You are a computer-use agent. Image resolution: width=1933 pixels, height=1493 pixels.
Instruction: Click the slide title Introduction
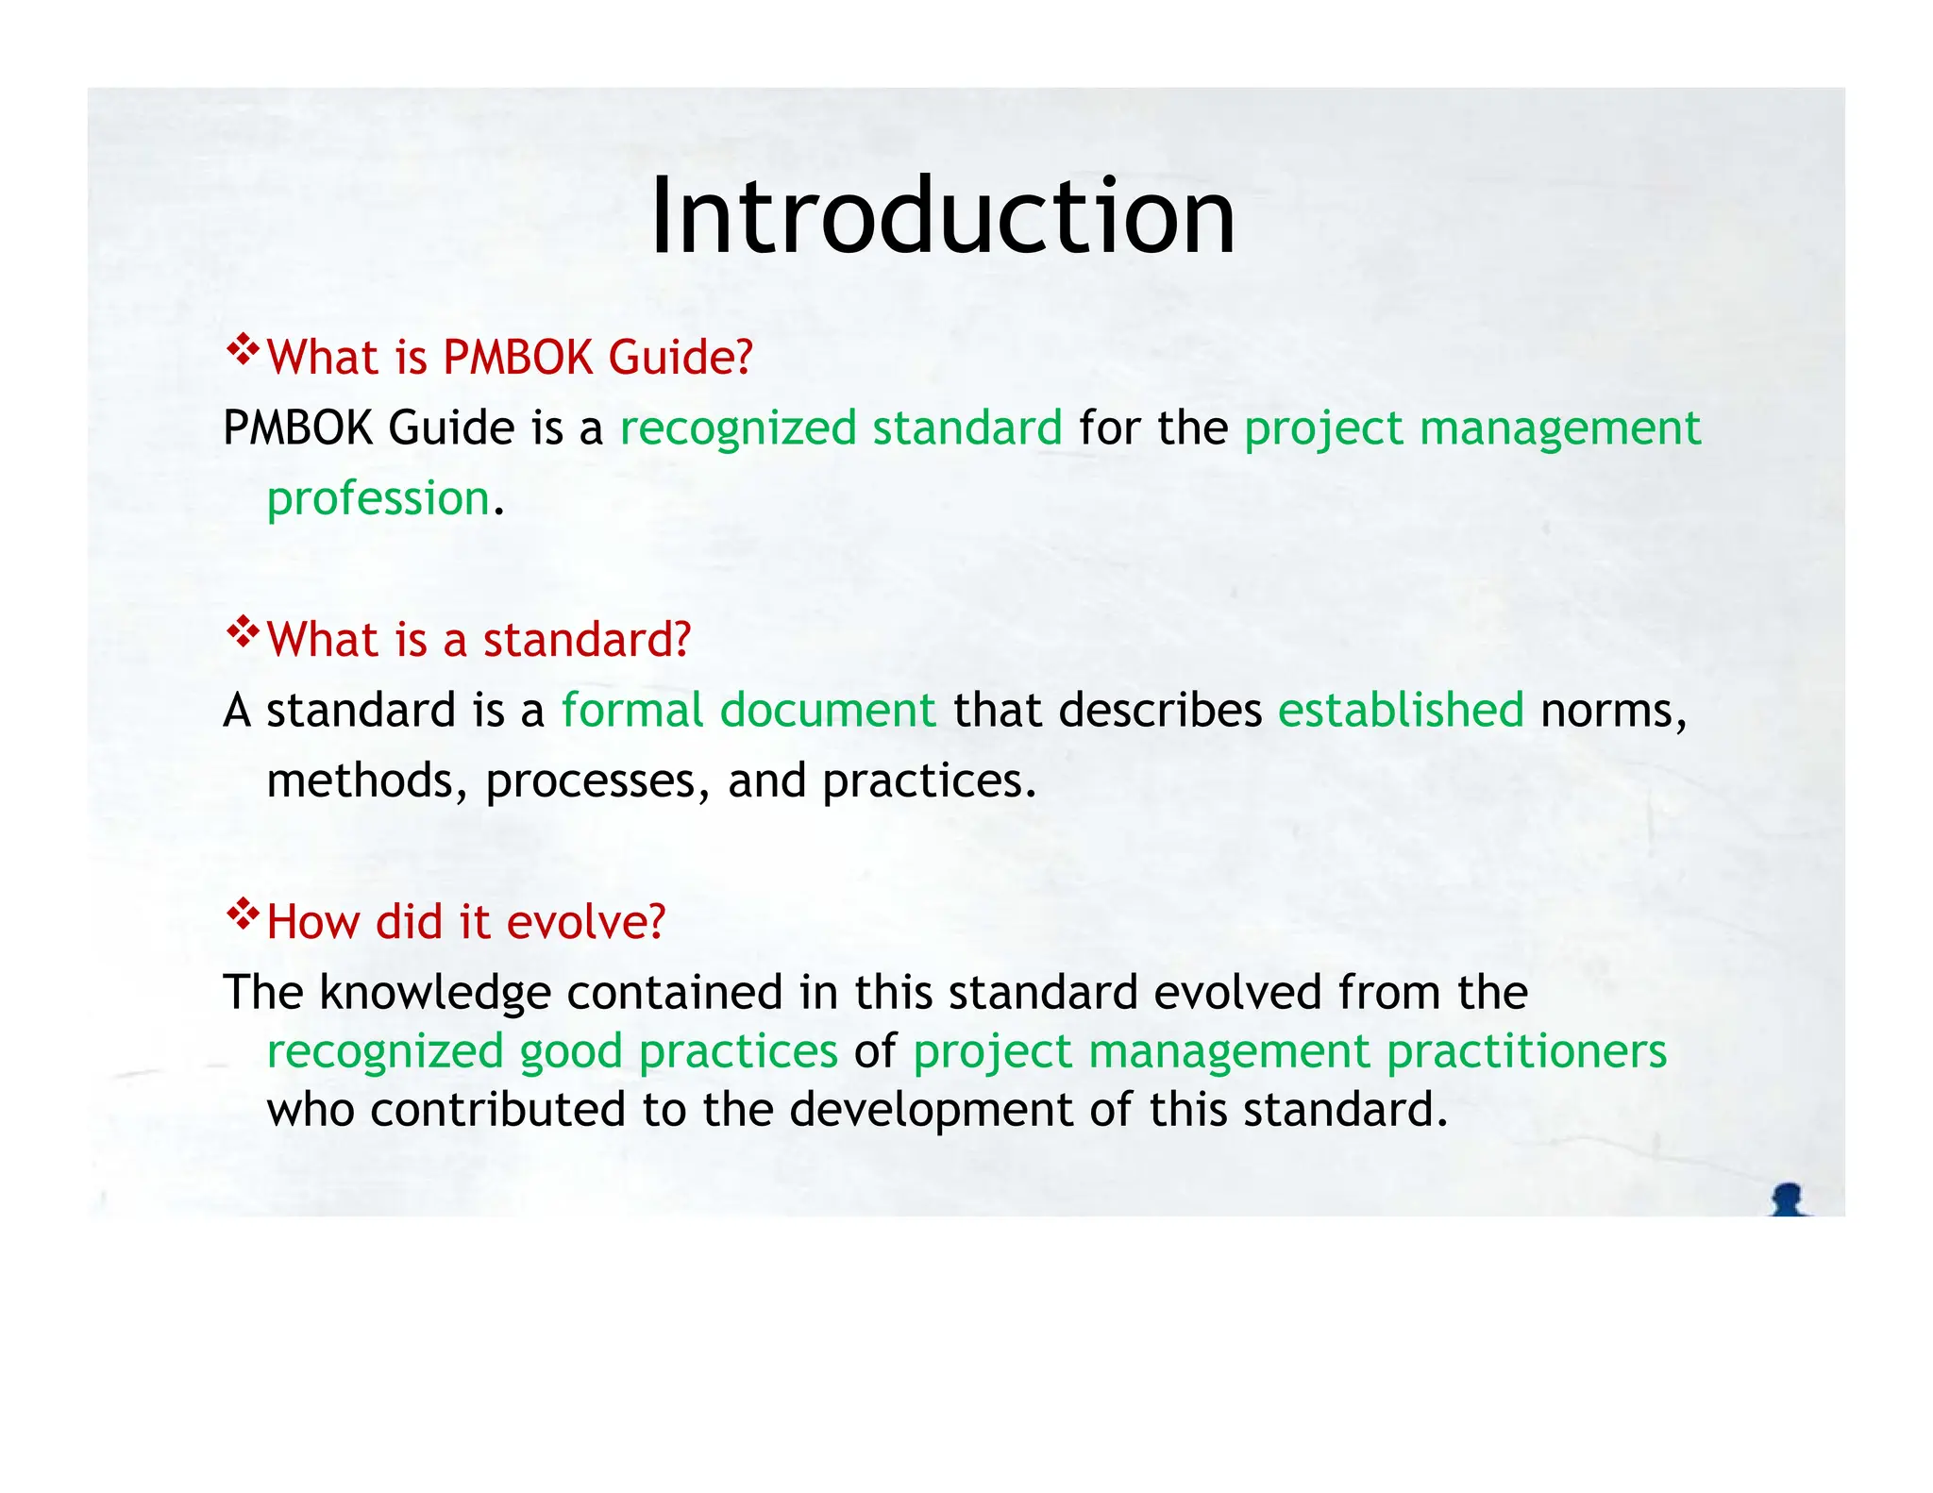tap(942, 216)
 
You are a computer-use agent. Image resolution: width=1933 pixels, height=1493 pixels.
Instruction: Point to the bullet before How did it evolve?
tap(243, 914)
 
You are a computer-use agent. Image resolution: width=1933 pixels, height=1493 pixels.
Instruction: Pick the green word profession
tap(378, 498)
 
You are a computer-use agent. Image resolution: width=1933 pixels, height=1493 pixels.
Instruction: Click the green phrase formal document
tap(748, 710)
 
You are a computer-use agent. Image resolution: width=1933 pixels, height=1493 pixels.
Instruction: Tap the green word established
tap(1401, 710)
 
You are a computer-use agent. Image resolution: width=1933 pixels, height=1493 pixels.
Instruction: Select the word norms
tap(1612, 712)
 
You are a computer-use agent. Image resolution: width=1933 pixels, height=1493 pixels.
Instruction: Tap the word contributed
tap(497, 1110)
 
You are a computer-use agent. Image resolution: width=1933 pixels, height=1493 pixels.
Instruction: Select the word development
tap(931, 1110)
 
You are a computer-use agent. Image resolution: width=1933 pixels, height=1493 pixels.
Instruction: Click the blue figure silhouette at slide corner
tap(1787, 1199)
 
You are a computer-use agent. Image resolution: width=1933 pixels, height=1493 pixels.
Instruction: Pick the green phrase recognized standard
tap(841, 428)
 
